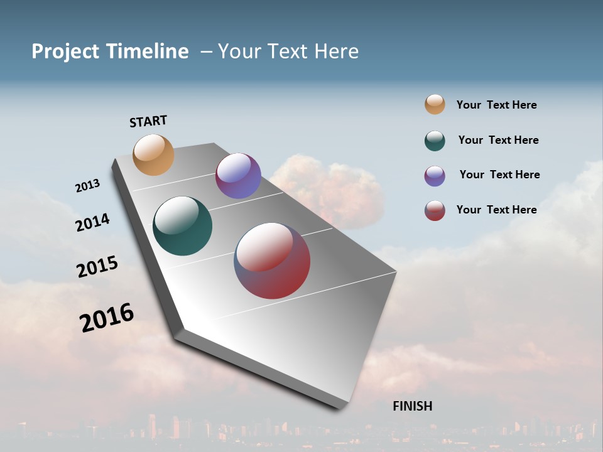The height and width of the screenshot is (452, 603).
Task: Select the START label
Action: click(x=148, y=121)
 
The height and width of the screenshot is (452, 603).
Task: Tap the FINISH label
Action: click(x=413, y=406)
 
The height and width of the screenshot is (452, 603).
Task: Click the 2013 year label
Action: click(x=87, y=185)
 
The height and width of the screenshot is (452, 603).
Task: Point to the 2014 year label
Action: click(x=92, y=222)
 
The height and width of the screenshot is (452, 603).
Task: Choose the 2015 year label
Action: click(x=97, y=267)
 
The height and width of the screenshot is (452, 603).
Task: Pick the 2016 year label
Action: click(x=107, y=318)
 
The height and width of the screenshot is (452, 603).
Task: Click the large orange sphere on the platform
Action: click(x=153, y=154)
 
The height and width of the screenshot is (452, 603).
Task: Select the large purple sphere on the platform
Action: click(x=238, y=176)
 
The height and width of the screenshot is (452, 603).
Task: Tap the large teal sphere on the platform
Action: click(x=182, y=226)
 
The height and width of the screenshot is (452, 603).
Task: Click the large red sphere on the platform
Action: click(x=272, y=261)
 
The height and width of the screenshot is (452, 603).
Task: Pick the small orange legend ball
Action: click(x=435, y=104)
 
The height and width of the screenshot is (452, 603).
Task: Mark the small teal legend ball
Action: click(x=435, y=141)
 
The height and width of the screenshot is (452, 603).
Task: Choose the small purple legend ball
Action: click(x=435, y=176)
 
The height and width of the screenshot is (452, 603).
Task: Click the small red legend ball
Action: click(x=435, y=210)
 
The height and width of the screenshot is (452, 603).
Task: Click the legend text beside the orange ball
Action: click(x=496, y=105)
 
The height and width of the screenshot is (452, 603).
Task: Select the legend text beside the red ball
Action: click(x=496, y=210)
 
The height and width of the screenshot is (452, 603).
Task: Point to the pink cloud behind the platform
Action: click(x=339, y=188)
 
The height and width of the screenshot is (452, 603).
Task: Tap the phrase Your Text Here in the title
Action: click(x=288, y=51)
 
